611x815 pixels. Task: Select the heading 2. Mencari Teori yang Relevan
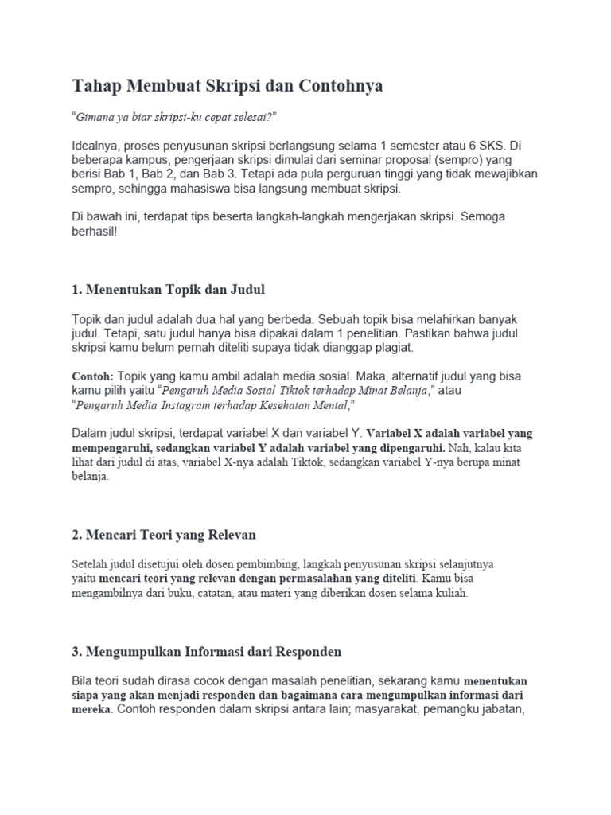(163, 533)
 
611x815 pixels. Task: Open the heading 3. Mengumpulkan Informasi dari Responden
(206, 651)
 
